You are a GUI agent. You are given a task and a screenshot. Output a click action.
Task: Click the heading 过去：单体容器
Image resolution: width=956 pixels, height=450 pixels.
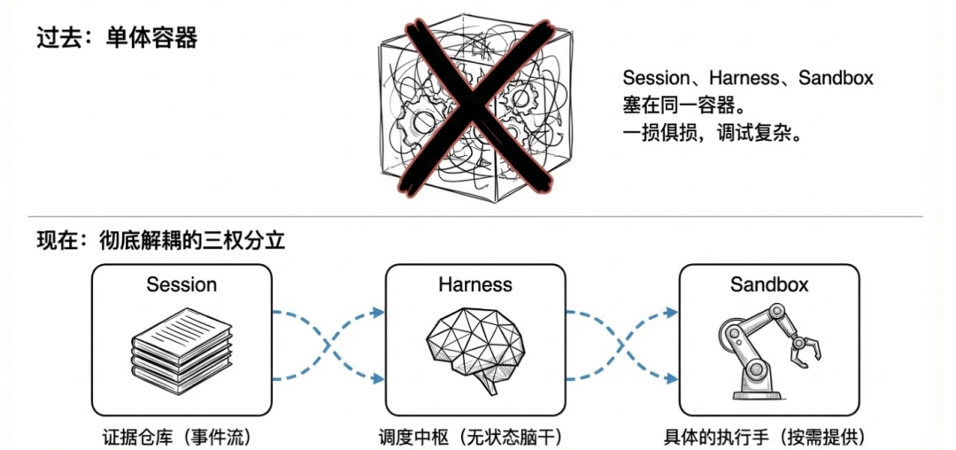click(116, 38)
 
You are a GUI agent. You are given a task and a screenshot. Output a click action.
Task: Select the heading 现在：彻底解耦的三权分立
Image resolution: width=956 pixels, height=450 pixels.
click(160, 240)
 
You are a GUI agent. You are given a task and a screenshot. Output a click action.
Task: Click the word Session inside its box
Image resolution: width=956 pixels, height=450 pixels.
click(181, 285)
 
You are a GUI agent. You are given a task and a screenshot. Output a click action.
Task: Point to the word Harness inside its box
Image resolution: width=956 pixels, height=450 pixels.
click(475, 285)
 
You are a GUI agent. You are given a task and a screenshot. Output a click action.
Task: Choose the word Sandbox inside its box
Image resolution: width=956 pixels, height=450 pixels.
click(769, 285)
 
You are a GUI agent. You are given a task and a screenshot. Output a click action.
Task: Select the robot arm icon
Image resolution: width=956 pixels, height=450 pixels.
click(767, 349)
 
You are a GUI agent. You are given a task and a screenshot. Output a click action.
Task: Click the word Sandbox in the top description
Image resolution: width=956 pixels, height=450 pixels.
click(836, 78)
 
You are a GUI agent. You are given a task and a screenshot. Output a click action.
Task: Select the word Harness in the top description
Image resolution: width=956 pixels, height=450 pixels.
click(745, 78)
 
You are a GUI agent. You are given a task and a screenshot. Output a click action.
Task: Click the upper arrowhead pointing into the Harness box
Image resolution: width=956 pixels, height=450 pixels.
click(379, 312)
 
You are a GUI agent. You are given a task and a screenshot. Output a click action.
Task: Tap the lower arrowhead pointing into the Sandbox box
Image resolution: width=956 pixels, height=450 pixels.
click(672, 378)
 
